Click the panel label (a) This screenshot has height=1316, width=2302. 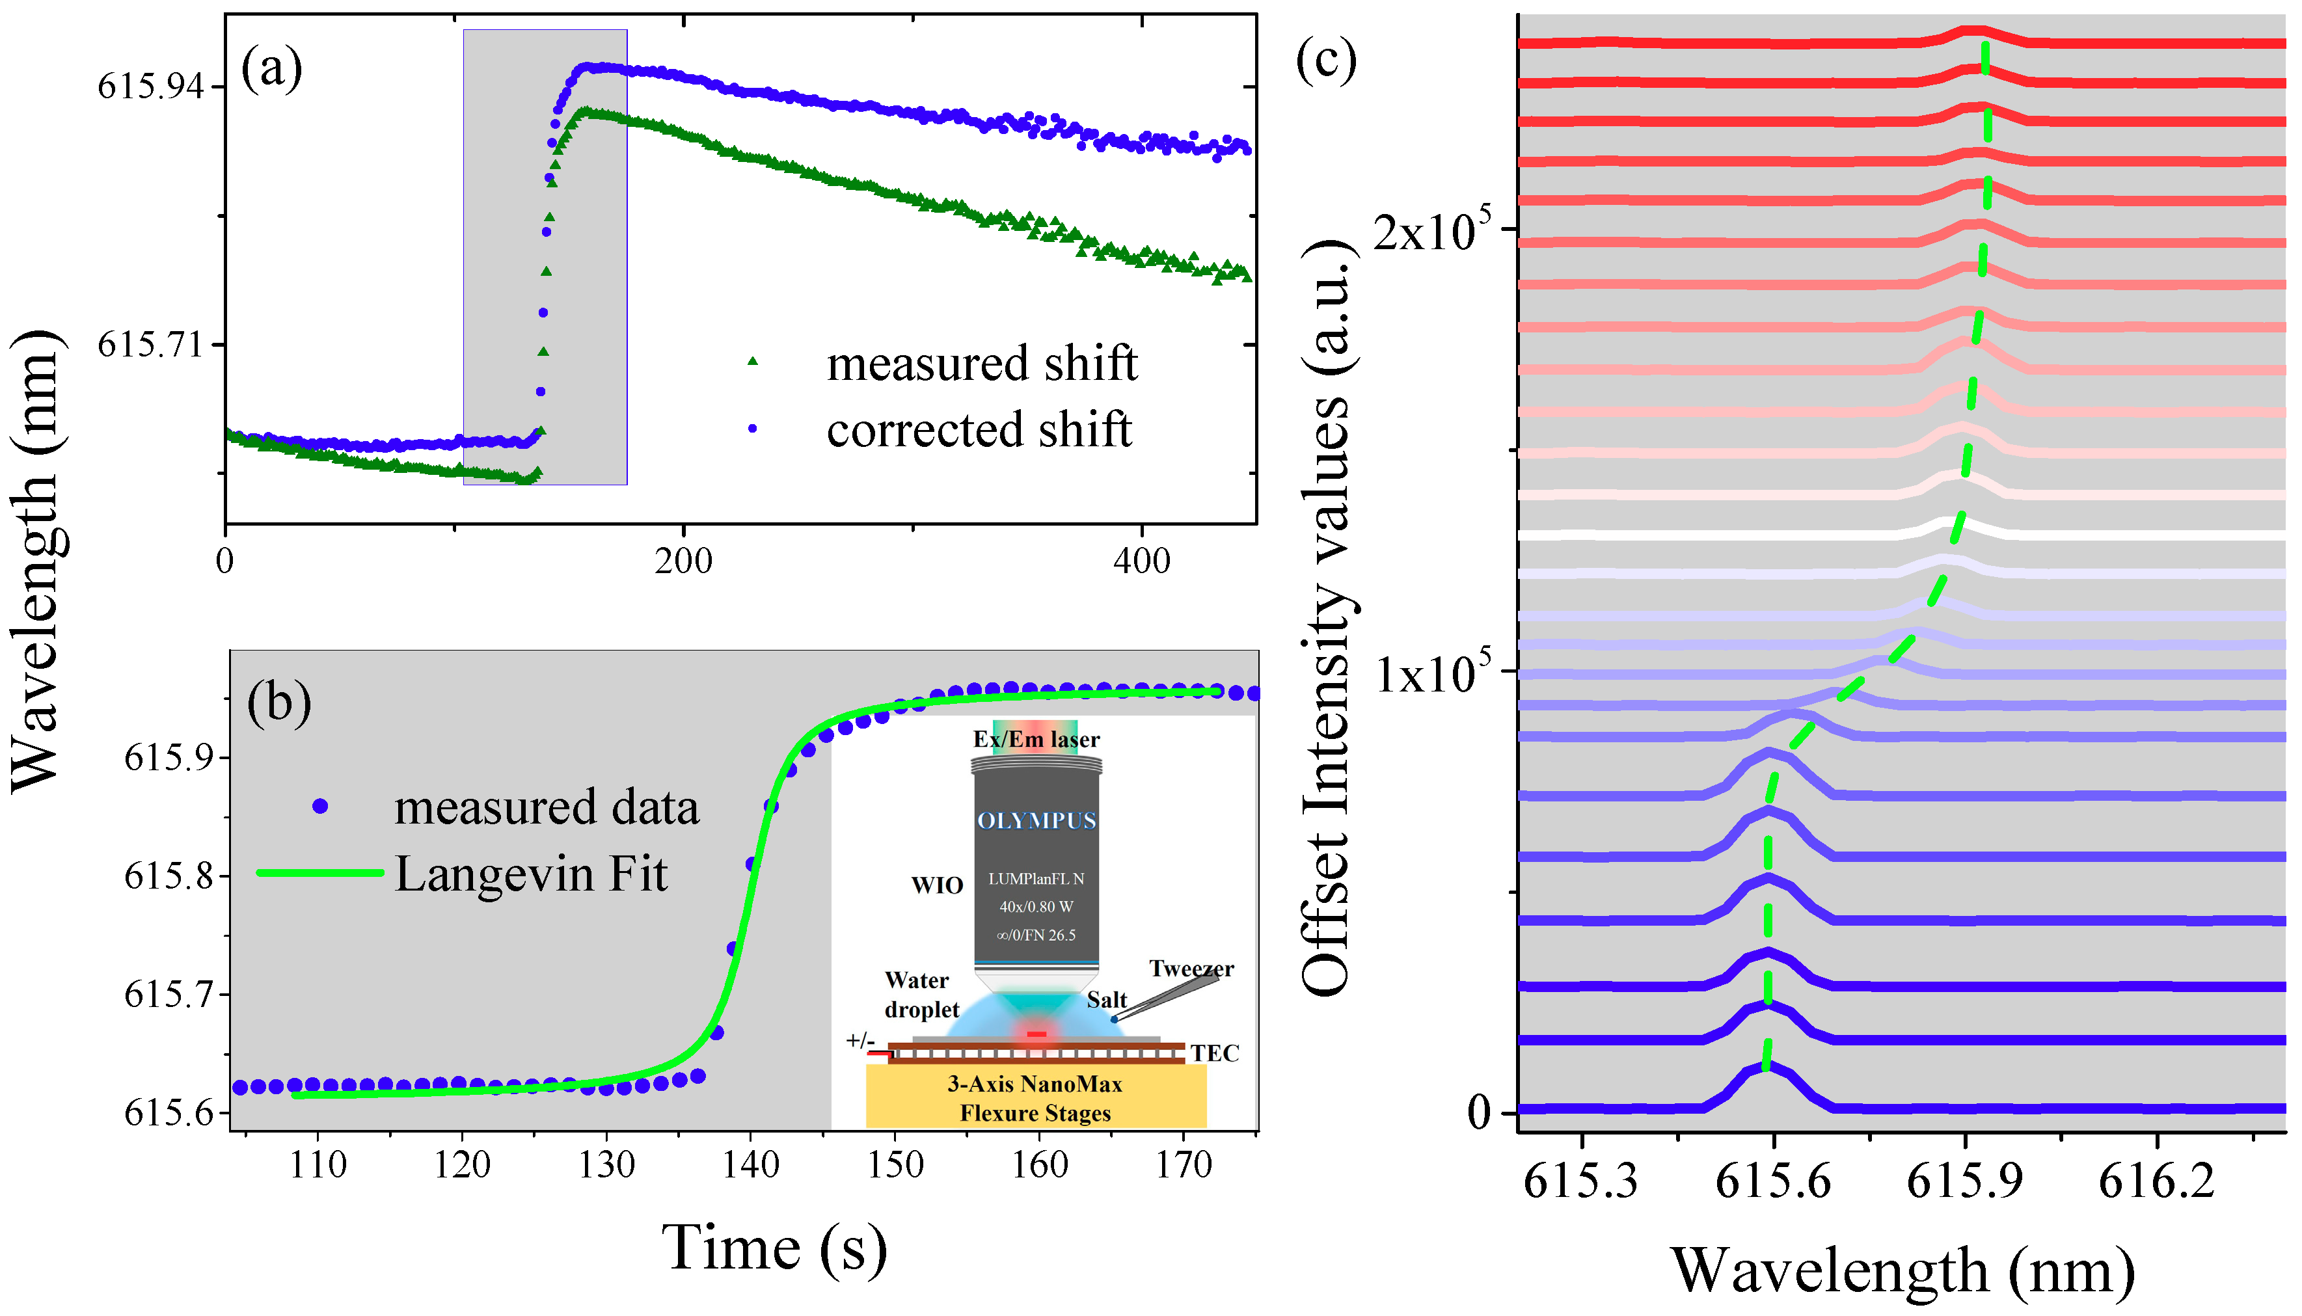tap(271, 69)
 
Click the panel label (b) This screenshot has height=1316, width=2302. tap(279, 703)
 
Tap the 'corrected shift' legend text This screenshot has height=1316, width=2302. tap(978, 429)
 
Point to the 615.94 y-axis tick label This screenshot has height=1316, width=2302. tap(150, 87)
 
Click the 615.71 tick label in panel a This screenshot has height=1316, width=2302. tap(150, 344)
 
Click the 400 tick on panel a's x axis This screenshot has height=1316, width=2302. tap(1141, 561)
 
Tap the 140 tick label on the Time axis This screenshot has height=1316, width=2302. tap(750, 1165)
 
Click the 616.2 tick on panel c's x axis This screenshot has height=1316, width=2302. tap(2156, 1181)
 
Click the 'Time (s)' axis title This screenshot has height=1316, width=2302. tap(774, 1248)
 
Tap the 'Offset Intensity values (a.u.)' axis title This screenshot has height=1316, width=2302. tap(1327, 619)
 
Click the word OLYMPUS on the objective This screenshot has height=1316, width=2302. tap(1036, 821)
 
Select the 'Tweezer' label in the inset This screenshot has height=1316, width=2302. tap(1191, 969)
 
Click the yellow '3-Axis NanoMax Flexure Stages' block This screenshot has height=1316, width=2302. tap(1036, 1097)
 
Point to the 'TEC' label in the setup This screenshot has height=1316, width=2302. tap(1214, 1053)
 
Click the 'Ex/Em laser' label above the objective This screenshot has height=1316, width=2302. tap(1036, 740)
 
